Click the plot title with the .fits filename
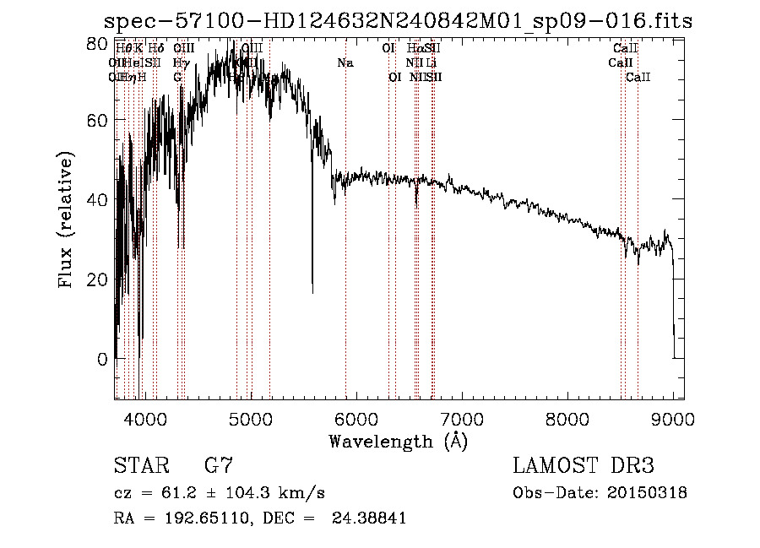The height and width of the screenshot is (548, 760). [x=398, y=21]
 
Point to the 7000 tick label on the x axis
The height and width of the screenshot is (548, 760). [x=462, y=419]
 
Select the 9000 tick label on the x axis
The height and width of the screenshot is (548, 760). [x=673, y=419]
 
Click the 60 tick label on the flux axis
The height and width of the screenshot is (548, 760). [x=99, y=120]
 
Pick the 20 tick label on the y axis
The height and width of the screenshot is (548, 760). [x=99, y=279]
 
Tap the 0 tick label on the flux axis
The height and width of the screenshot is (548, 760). [x=103, y=359]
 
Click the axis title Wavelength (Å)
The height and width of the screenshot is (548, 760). [x=398, y=441]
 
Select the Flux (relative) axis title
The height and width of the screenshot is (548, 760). [x=67, y=220]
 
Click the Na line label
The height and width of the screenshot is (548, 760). [x=345, y=63]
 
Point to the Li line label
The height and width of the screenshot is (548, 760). [x=431, y=63]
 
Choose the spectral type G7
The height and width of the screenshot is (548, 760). [x=218, y=466]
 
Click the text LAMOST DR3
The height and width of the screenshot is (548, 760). [x=584, y=466]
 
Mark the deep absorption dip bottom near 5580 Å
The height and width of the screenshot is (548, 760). [x=312, y=292]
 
